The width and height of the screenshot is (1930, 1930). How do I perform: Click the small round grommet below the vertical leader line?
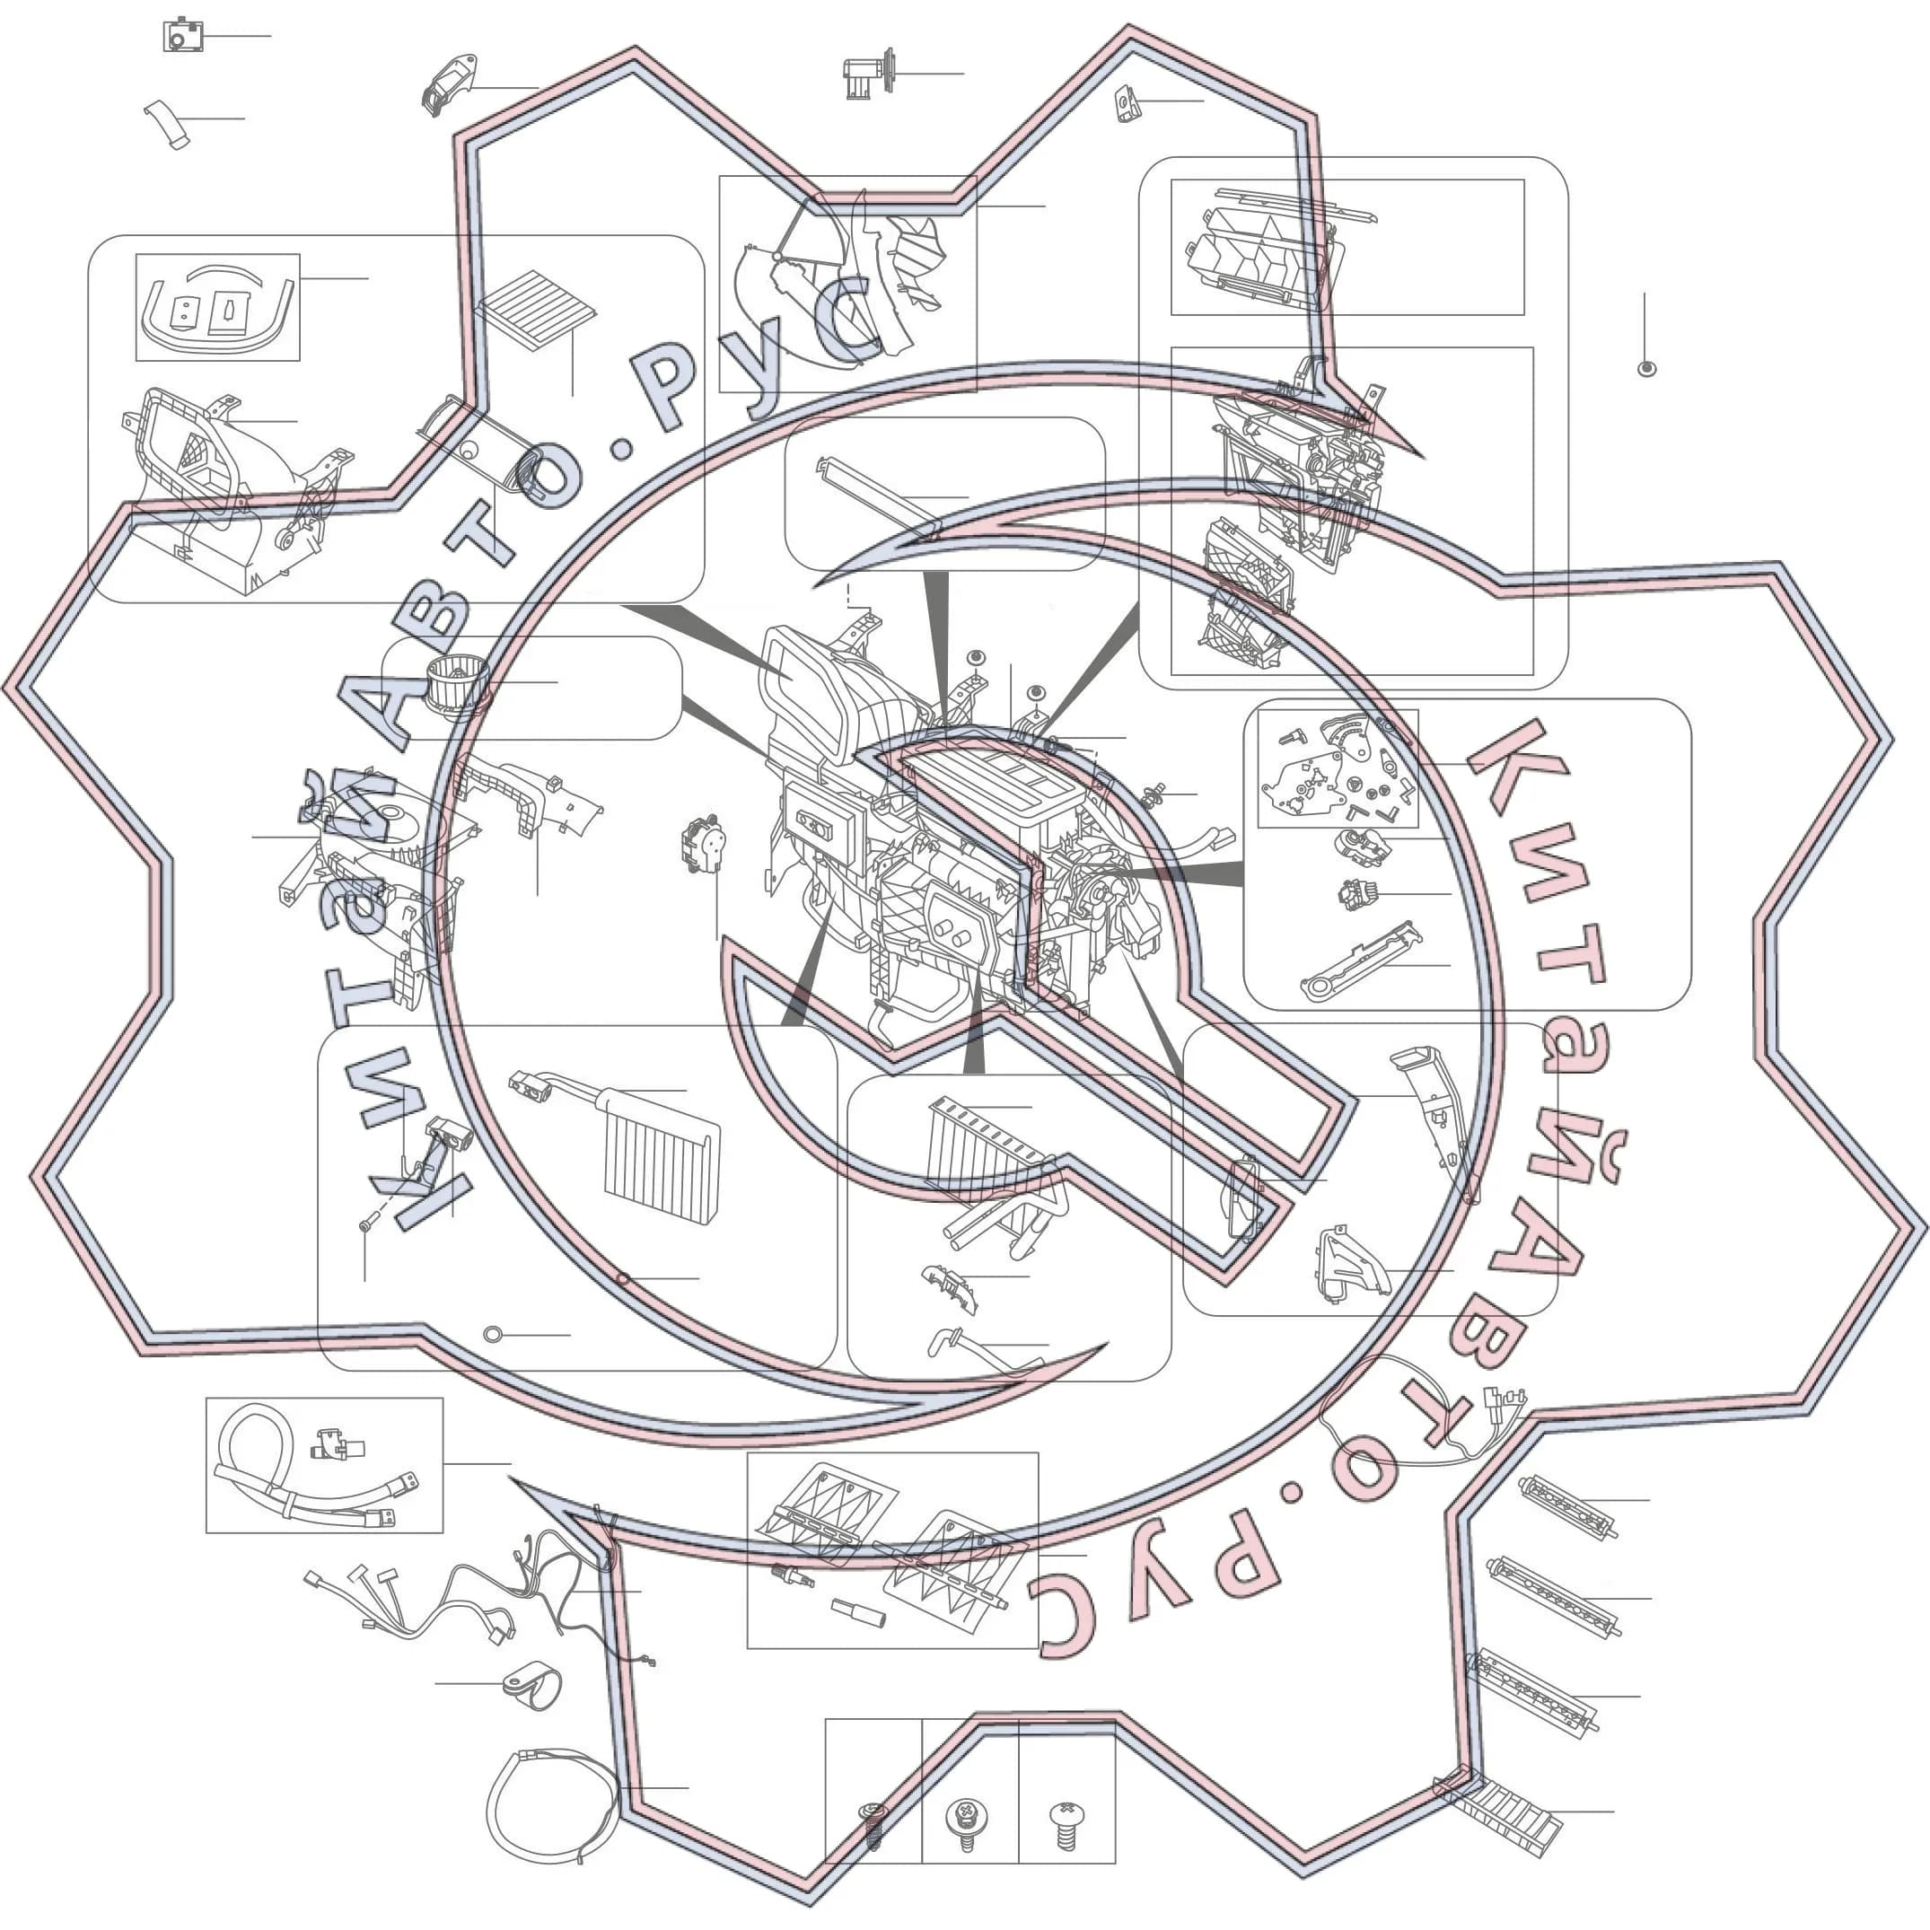[x=1647, y=369]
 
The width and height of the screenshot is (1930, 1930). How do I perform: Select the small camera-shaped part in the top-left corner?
[x=183, y=36]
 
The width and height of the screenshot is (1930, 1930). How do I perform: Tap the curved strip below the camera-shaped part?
[x=167, y=124]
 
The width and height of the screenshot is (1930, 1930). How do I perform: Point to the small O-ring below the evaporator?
[x=492, y=1335]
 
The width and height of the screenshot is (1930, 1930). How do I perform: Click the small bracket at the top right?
[x=1127, y=103]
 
